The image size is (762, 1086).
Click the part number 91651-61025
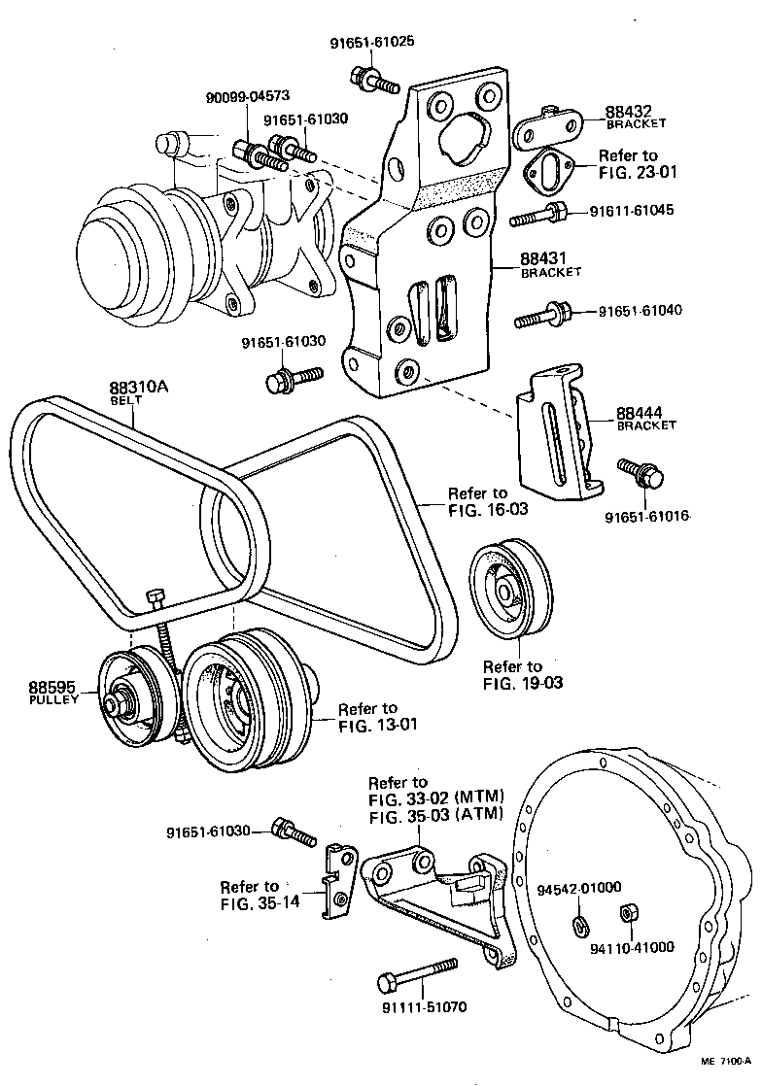coord(372,44)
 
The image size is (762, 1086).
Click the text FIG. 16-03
coord(488,509)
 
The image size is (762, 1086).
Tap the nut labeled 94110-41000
coord(627,913)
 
